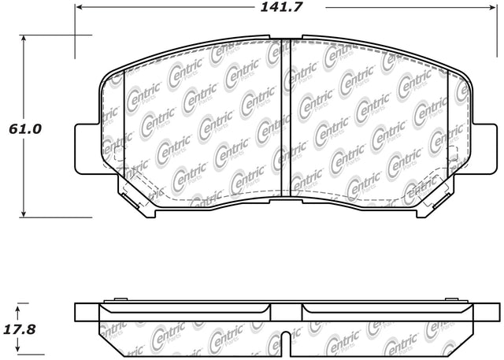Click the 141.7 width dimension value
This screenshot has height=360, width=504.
pyautogui.click(x=281, y=7)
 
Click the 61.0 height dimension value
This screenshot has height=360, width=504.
pyautogui.click(x=25, y=129)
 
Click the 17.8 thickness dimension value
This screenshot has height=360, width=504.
pyautogui.click(x=20, y=329)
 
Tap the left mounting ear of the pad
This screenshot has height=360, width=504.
pyautogui.click(x=87, y=149)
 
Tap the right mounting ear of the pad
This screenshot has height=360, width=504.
pyautogui.click(x=484, y=149)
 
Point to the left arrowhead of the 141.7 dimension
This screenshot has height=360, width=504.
pyautogui.click(x=79, y=7)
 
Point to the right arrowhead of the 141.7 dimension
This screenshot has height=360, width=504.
pyautogui.click(x=493, y=7)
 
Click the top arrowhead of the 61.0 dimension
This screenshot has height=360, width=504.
pyautogui.click(x=23, y=39)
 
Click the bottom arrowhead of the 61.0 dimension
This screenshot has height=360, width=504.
pyautogui.click(x=23, y=213)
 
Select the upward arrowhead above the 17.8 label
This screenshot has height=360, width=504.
pyautogui.click(x=18, y=310)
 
